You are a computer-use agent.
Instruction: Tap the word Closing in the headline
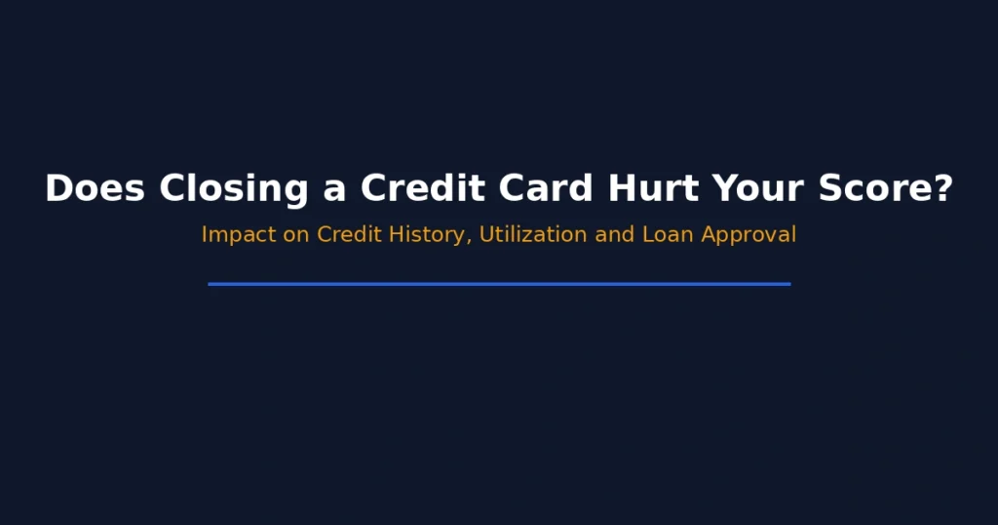(x=235, y=188)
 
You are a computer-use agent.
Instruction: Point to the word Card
(x=549, y=188)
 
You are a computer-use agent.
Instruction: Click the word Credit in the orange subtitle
(x=346, y=235)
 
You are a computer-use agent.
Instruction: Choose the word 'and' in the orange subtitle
(x=615, y=235)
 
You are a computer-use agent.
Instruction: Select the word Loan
(x=669, y=235)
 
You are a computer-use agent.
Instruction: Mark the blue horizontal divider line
(x=499, y=284)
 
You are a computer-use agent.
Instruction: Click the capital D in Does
(x=58, y=188)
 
